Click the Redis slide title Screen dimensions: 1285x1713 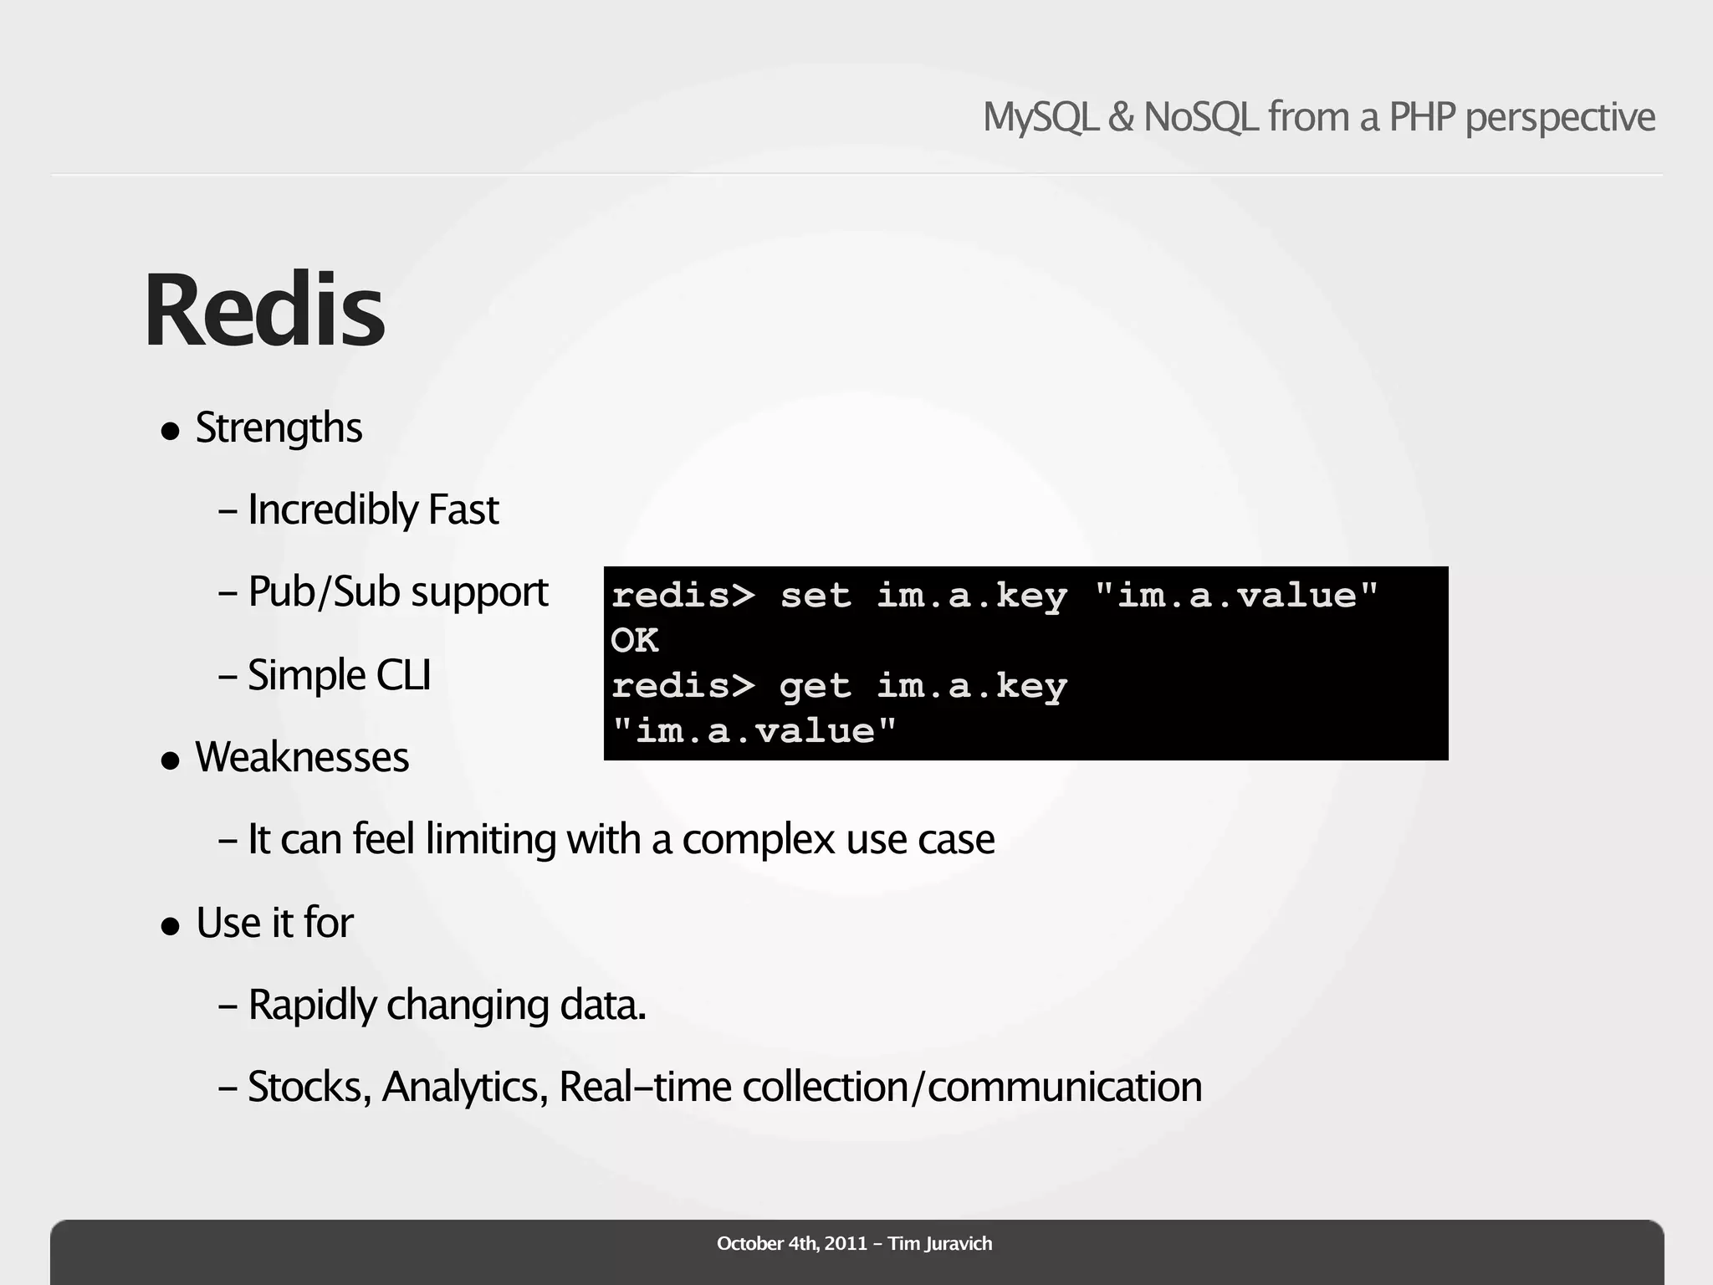click(264, 311)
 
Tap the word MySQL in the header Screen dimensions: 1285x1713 click(1040, 117)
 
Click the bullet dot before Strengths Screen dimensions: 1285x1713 click(171, 432)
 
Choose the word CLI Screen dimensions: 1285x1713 click(403, 674)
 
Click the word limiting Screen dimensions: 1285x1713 click(490, 839)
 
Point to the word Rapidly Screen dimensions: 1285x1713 click(313, 1005)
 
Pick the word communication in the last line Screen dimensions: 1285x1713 click(1065, 1087)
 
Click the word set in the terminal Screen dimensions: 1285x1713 click(816, 596)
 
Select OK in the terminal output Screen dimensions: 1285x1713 click(634, 641)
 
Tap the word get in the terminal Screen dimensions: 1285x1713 click(816, 687)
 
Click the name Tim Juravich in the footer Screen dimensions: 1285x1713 click(940, 1243)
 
